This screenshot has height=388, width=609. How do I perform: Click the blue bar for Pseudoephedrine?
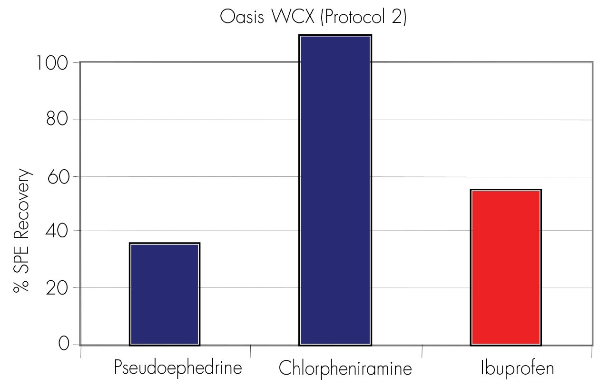164,294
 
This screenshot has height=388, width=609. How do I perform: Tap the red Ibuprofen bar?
505,267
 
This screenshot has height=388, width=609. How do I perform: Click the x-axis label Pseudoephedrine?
178,368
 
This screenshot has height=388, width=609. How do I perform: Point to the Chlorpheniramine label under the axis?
345,368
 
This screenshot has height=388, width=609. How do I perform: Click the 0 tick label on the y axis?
64,344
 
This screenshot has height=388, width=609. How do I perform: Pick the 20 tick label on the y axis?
58,288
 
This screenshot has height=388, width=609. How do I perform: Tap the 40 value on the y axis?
58,231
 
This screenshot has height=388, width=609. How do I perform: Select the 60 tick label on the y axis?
58,176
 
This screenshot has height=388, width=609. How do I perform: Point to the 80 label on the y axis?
58,120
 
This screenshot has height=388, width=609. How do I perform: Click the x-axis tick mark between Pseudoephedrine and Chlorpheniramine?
251,351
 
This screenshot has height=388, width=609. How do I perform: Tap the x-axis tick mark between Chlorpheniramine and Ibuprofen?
422,351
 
